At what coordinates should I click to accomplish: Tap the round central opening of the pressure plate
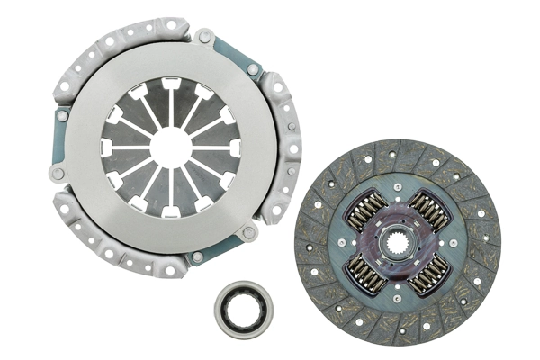[x=172, y=147]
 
